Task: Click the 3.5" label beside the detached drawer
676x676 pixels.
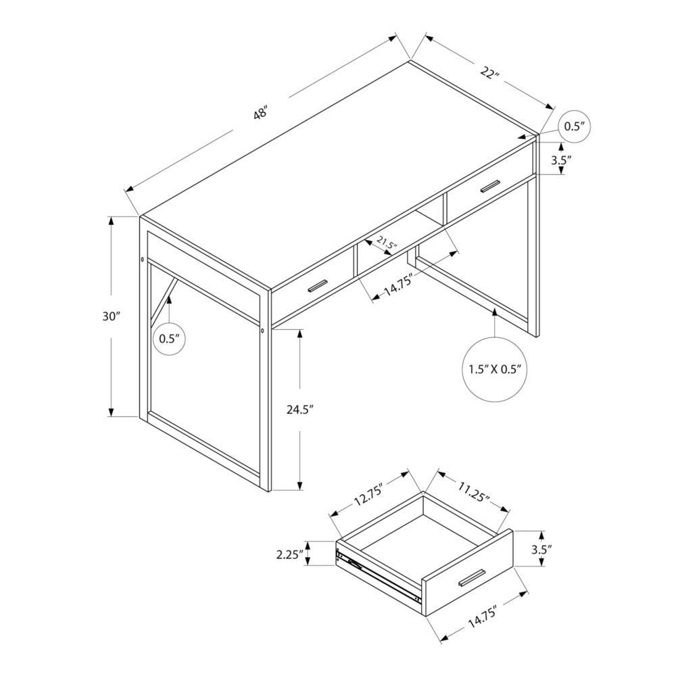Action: [541, 550]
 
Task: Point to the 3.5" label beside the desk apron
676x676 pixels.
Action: [562, 160]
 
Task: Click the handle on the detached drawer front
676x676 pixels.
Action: [470, 579]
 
